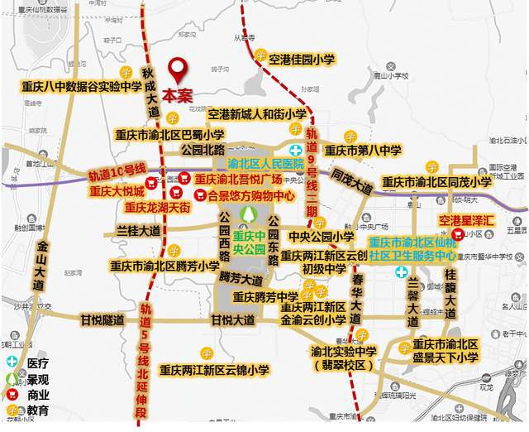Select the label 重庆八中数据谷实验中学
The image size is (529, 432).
coord(82,86)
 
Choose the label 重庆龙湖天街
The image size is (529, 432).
coord(158,206)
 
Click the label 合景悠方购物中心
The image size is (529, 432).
coord(250,197)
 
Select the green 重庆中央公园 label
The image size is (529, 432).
coord(248,241)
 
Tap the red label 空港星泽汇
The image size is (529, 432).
coord(466,221)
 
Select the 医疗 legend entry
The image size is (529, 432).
coord(37,362)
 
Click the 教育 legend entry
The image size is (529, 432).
coord(37,410)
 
